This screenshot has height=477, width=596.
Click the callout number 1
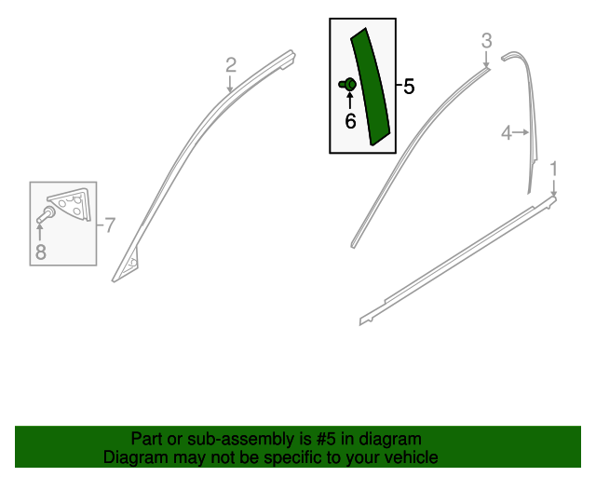pyautogui.click(x=554, y=169)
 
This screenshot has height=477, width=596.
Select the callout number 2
pyautogui.click(x=231, y=65)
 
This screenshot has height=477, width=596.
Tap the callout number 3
pyautogui.click(x=486, y=41)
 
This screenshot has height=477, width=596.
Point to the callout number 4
pyautogui.click(x=507, y=133)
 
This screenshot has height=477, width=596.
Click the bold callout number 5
pyautogui.click(x=409, y=87)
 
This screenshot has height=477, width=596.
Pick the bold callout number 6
pyautogui.click(x=350, y=121)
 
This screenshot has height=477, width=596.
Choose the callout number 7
pyautogui.click(x=110, y=225)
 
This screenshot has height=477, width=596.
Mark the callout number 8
pyautogui.click(x=41, y=252)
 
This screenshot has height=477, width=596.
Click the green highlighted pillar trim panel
pyautogui.click(x=371, y=88)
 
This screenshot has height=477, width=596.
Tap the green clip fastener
pyautogui.click(x=347, y=84)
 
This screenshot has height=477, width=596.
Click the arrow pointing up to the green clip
pyautogui.click(x=350, y=100)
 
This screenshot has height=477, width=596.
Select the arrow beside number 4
pyautogui.click(x=521, y=132)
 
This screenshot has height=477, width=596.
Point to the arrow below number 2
pyautogui.click(x=230, y=84)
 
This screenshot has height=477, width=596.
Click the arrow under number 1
pyautogui.click(x=554, y=188)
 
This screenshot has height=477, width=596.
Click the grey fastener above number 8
pyautogui.click(x=46, y=214)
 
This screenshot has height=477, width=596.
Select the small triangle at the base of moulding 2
pyautogui.click(x=130, y=262)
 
